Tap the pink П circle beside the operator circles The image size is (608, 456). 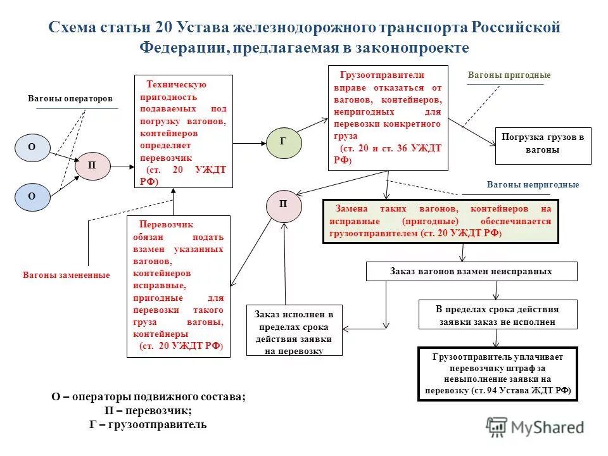92,166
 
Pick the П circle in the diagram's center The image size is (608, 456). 283,205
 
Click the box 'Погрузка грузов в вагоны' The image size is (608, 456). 542,144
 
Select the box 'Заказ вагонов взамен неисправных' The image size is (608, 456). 471,271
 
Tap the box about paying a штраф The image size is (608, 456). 497,374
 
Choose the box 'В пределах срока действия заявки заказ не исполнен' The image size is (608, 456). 497,315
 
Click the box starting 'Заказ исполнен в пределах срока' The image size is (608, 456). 293,329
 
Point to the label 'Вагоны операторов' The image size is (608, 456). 70,99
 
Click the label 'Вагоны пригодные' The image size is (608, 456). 509,75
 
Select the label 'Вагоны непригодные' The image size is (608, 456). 533,185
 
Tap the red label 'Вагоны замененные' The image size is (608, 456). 66,275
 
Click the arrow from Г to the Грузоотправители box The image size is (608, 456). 312,125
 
